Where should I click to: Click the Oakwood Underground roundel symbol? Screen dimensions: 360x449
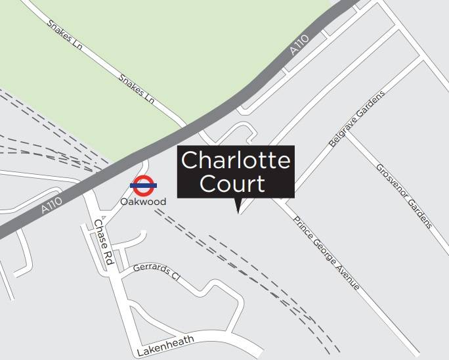(x=143, y=186)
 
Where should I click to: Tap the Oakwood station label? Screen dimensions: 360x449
(x=143, y=202)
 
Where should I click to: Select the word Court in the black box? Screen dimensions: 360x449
(x=232, y=183)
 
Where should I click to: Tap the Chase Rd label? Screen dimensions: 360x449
(x=104, y=242)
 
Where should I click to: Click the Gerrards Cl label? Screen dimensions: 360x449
(x=156, y=271)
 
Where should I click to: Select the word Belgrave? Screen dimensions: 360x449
(x=341, y=131)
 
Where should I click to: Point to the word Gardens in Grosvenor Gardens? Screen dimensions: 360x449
(x=419, y=213)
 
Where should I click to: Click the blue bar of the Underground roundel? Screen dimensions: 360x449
(x=143, y=186)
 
